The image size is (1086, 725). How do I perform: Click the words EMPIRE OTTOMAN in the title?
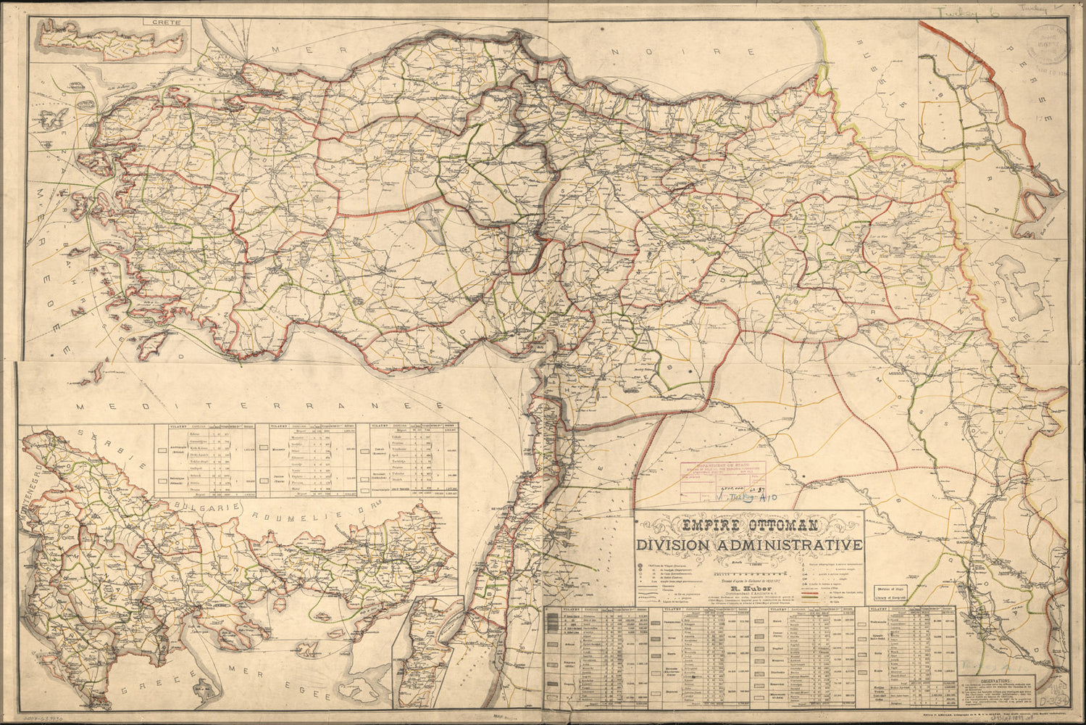[x=748, y=524]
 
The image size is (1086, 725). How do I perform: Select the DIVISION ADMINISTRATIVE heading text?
[x=748, y=545]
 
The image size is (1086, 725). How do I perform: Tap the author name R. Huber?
[x=748, y=579]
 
